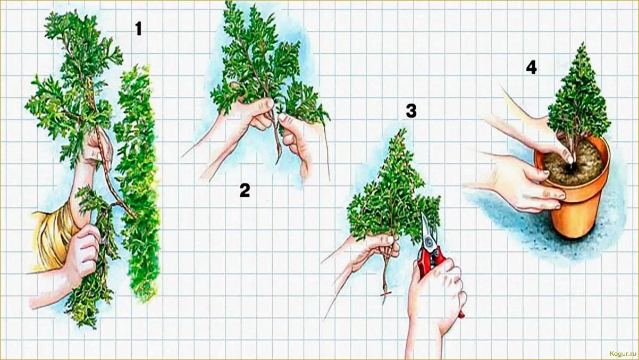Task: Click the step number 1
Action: click(138, 29)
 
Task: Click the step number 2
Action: click(245, 190)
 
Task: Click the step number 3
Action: click(411, 111)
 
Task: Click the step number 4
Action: click(531, 68)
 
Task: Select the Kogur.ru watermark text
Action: click(623, 354)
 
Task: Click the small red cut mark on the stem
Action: click(385, 294)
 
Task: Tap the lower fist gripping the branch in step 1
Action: click(83, 251)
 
